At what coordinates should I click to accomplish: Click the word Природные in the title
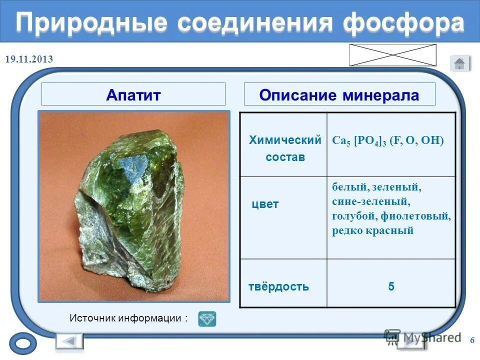pos(90,22)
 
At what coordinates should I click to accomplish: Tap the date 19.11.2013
pos(29,59)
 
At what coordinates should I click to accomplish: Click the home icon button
pos(459,63)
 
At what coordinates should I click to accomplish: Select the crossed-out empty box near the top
pos(392,55)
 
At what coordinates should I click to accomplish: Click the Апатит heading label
pos(133,94)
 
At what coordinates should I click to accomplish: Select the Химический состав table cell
pos(284,148)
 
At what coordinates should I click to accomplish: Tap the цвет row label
pos(265,204)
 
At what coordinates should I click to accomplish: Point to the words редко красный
pos(372,230)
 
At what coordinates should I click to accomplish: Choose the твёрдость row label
pos(278,287)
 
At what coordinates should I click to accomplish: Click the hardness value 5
pos(391,287)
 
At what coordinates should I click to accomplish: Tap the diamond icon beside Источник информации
pos(207,318)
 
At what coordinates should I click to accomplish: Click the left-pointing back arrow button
pos(69,341)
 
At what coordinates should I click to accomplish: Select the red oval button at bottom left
pos(23,344)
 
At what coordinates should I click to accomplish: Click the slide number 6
pos(472,340)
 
